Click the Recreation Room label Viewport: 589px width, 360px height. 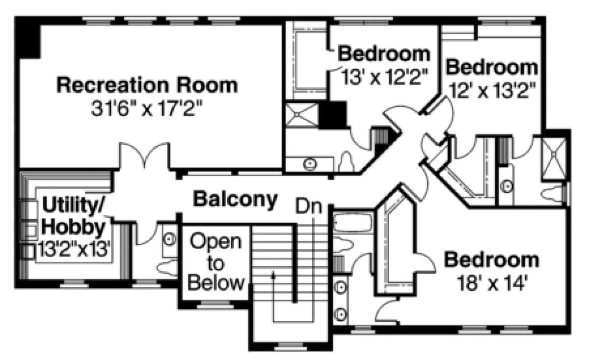(x=147, y=85)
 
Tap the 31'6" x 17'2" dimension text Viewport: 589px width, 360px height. (x=147, y=108)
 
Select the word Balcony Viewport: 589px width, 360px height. (x=235, y=200)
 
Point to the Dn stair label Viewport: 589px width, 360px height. (x=309, y=206)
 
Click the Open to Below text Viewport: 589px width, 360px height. (x=215, y=262)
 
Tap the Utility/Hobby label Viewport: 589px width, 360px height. (x=73, y=216)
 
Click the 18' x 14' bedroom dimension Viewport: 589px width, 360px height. (x=492, y=283)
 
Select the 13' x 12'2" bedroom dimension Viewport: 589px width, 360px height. (x=385, y=77)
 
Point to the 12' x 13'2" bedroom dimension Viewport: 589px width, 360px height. (x=492, y=90)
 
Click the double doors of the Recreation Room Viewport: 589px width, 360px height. (x=144, y=155)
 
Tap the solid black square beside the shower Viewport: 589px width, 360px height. (x=333, y=115)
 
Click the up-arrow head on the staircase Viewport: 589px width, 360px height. (x=273, y=275)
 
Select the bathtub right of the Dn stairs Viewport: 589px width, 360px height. (x=353, y=223)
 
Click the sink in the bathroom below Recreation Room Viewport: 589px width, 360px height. (x=310, y=164)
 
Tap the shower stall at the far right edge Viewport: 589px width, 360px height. (x=554, y=159)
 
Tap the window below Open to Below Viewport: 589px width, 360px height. (x=215, y=305)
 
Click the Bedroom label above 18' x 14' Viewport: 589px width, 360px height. (x=492, y=260)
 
